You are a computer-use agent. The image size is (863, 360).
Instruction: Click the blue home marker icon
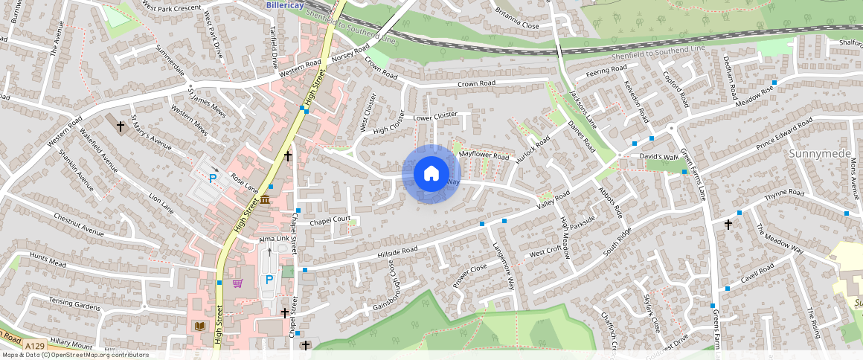pyautogui.click(x=431, y=174)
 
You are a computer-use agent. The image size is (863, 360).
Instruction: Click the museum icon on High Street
pyautogui.click(x=266, y=202)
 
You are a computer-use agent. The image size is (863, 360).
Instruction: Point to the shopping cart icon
pyautogui.click(x=237, y=283)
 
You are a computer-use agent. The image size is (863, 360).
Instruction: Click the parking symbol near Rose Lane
pyautogui.click(x=213, y=179)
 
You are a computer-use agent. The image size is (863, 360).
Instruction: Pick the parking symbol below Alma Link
pyautogui.click(x=269, y=280)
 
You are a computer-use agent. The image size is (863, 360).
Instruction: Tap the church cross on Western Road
pyautogui.click(x=121, y=126)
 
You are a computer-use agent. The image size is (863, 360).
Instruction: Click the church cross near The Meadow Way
pyautogui.click(x=728, y=223)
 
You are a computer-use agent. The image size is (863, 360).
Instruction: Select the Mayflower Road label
pyautogui.click(x=484, y=155)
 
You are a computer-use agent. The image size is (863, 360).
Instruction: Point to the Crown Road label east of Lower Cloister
pyautogui.click(x=476, y=83)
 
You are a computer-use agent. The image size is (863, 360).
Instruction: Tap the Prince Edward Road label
pyautogui.click(x=784, y=135)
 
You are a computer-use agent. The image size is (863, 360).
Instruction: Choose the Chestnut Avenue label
pyautogui.click(x=77, y=226)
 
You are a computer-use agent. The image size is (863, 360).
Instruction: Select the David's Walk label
pyautogui.click(x=658, y=157)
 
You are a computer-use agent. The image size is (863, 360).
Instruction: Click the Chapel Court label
pyautogui.click(x=330, y=219)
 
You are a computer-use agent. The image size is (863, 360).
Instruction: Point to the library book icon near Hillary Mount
pyautogui.click(x=199, y=326)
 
